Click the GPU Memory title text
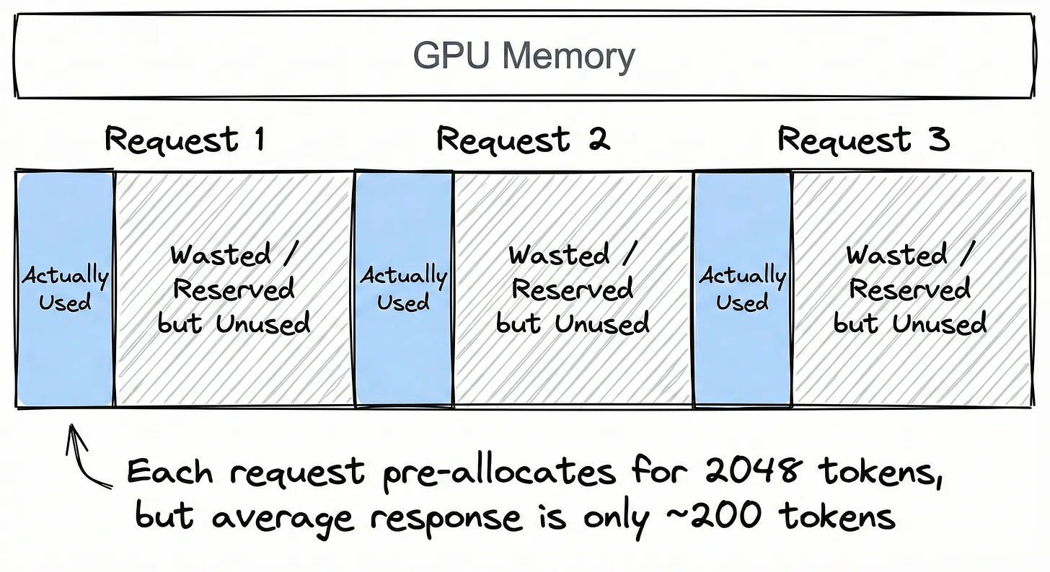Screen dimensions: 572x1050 tap(524, 56)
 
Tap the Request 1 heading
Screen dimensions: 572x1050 tap(185, 138)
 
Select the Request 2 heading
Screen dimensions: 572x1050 tap(523, 138)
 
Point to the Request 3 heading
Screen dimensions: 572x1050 tap(863, 138)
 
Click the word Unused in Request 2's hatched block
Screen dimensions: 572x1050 tap(602, 323)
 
